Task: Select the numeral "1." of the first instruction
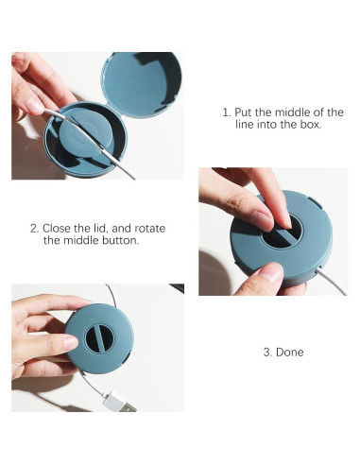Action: [227, 112]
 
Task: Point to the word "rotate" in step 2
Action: [151, 228]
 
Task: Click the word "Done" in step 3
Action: [290, 352]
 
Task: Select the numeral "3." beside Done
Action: [267, 352]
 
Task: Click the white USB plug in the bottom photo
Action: [119, 402]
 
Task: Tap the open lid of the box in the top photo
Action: [141, 84]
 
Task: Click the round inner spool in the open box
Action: [86, 133]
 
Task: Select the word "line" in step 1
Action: [245, 125]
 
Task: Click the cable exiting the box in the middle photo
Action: [332, 282]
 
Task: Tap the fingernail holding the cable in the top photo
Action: [34, 105]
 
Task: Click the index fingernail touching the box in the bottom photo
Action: [71, 342]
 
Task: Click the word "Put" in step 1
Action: [243, 112]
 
